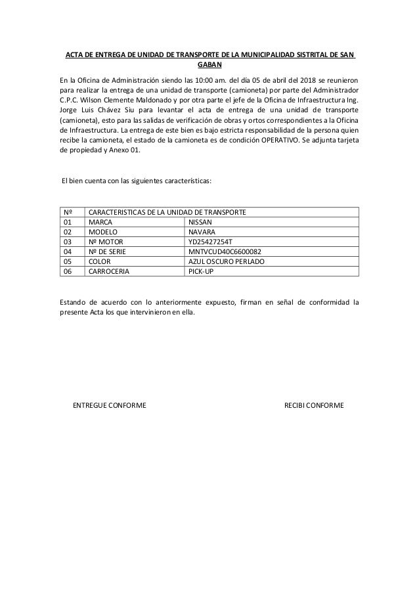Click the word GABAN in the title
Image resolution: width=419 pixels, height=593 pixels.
[209, 65]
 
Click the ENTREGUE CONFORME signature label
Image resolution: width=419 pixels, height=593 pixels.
[109, 405]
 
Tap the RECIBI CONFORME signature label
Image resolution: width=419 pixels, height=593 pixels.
[313, 405]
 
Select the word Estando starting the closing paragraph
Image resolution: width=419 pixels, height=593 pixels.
[73, 302]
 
